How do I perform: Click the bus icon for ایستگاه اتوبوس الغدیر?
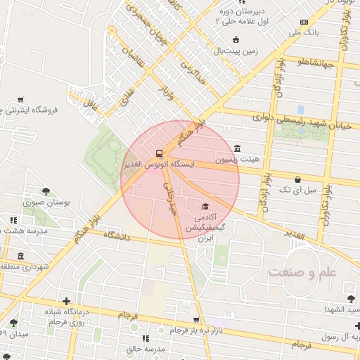click(x=159, y=153)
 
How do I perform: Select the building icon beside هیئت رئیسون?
click(x=238, y=148)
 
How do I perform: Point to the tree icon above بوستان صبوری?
click(x=46, y=191)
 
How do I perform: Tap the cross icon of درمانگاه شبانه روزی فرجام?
click(x=66, y=301)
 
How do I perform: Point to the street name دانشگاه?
click(x=108, y=235)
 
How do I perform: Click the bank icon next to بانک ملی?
click(x=303, y=22)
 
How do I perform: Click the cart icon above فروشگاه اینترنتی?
click(x=21, y=99)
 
